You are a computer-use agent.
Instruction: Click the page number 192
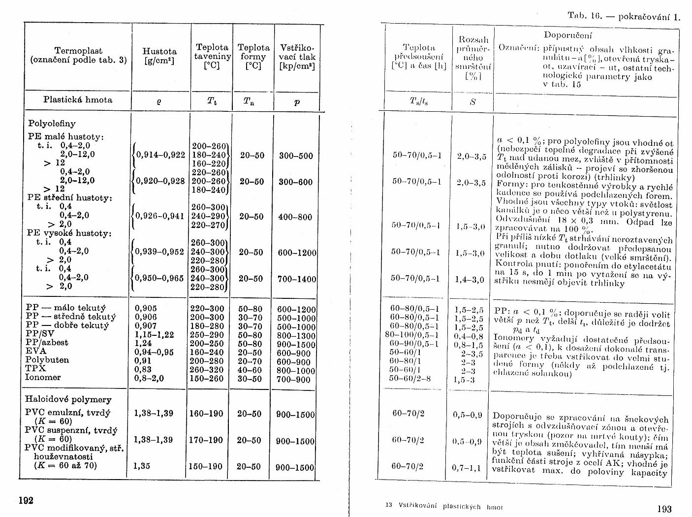pyautogui.click(x=26, y=500)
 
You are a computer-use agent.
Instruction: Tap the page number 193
pyautogui.click(x=664, y=509)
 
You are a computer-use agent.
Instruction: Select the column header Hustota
pyautogui.click(x=159, y=51)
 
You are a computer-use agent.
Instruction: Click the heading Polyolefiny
pyautogui.click(x=52, y=124)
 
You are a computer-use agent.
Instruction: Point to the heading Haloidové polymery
pyautogui.click(x=68, y=399)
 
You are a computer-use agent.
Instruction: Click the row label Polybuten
pyautogui.click(x=43, y=360)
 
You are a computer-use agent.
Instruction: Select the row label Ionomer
pyautogui.click(x=43, y=377)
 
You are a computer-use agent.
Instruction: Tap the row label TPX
pyautogui.click(x=35, y=368)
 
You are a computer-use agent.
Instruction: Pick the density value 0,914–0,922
pyautogui.click(x=160, y=155)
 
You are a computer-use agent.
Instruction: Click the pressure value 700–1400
pyautogui.click(x=297, y=279)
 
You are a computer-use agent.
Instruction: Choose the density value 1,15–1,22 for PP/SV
pyautogui.click(x=154, y=334)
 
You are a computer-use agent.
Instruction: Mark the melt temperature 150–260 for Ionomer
pyautogui.click(x=207, y=379)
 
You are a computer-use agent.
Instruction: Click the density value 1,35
pyautogui.click(x=142, y=466)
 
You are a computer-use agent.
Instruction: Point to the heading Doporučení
pyautogui.click(x=568, y=35)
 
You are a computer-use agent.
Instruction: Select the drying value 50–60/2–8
pyautogui.click(x=410, y=378)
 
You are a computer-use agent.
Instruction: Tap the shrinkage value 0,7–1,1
pyautogui.click(x=466, y=467)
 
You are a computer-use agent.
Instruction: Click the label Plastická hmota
pyautogui.click(x=78, y=99)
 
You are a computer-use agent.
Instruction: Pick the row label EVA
pyautogui.click(x=35, y=351)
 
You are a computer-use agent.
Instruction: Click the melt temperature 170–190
pyautogui.click(x=206, y=440)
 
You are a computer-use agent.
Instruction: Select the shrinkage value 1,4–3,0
pyautogui.click(x=471, y=280)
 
